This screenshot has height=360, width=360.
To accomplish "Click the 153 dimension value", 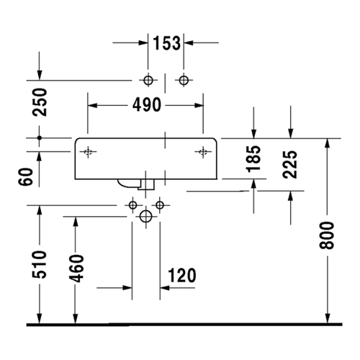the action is click(166, 43).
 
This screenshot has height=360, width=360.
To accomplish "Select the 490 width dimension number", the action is click(147, 105).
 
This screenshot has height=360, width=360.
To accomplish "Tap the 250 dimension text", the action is click(40, 102).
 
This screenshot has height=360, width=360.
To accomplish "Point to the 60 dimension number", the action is click(25, 177).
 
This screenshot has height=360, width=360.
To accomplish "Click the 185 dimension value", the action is click(253, 159).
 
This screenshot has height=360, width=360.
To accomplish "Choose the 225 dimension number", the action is click(290, 165).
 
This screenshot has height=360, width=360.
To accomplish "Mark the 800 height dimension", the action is click(327, 235).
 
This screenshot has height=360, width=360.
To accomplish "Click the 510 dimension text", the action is click(40, 264).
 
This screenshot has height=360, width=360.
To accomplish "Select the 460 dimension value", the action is click(76, 269).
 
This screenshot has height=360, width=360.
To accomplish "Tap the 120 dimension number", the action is click(182, 275).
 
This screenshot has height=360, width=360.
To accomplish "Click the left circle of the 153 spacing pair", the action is click(148, 80).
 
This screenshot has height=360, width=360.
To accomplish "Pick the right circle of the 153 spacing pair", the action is click(184, 80).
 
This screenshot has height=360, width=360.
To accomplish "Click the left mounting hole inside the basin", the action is click(88, 152).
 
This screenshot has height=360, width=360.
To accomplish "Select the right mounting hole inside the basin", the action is click(203, 152).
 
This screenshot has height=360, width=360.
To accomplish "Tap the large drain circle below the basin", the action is click(145, 216).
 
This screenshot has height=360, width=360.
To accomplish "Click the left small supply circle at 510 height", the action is click(132, 205).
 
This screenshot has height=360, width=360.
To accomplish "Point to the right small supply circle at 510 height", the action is click(160, 205).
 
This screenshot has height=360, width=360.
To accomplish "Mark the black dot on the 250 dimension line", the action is click(40, 138).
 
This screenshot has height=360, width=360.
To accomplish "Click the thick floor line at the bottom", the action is click(184, 325).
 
